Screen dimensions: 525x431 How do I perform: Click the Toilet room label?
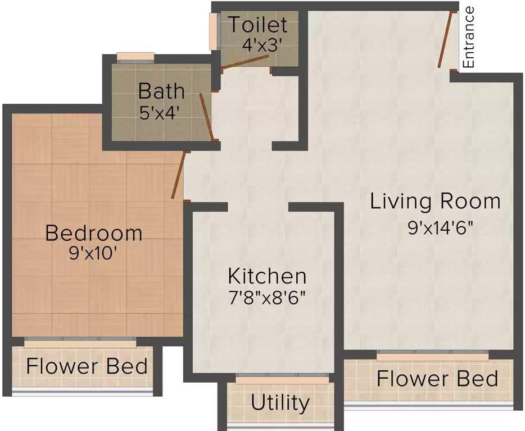pyautogui.click(x=258, y=25)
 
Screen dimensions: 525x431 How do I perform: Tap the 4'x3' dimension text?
pyautogui.click(x=260, y=45)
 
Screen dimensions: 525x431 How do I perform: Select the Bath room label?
pyautogui.click(x=161, y=91)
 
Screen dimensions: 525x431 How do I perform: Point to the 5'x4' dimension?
pyautogui.click(x=158, y=113)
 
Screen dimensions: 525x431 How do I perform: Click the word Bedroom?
pyautogui.click(x=94, y=233)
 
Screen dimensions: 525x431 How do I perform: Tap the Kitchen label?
pyautogui.click(x=267, y=276)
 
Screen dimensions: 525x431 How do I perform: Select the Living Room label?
pyautogui.click(x=435, y=201)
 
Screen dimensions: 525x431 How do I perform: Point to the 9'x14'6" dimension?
pyautogui.click(x=440, y=228)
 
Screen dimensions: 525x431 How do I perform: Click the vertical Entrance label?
pyautogui.click(x=468, y=38)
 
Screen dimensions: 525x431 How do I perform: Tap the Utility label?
pyautogui.click(x=280, y=402)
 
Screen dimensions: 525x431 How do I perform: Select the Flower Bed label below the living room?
pyautogui.click(x=438, y=379)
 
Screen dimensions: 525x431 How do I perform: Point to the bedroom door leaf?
pyautogui.click(x=178, y=175)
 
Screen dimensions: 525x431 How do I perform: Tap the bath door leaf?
pyautogui.click(x=206, y=116)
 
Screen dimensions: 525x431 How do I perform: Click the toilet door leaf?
pyautogui.click(x=245, y=62)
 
